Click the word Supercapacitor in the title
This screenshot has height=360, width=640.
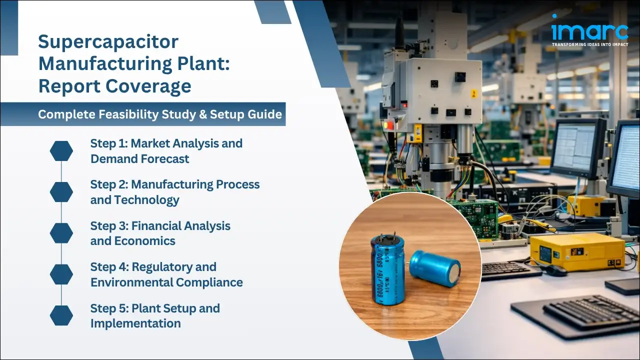pyautogui.click(x=108, y=42)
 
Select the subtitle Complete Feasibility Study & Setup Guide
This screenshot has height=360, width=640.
pyautogui.click(x=160, y=114)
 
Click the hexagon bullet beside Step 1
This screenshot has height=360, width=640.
pyautogui.click(x=61, y=151)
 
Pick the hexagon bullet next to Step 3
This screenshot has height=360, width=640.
pyautogui.click(x=61, y=233)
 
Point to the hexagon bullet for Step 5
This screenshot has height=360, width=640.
pyautogui.click(x=61, y=315)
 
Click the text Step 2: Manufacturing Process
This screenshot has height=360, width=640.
pyautogui.click(x=174, y=184)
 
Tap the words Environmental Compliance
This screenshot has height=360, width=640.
pyautogui.click(x=166, y=282)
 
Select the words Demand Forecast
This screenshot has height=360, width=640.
pyautogui.click(x=139, y=159)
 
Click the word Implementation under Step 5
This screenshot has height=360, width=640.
pyautogui.click(x=135, y=323)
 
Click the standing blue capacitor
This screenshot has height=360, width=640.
pyautogui.click(x=387, y=270)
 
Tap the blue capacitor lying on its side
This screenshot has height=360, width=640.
pyautogui.click(x=435, y=268)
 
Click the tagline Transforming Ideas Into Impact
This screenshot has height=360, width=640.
pyautogui.click(x=589, y=44)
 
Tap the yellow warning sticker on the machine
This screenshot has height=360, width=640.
pyautogui.click(x=473, y=93)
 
